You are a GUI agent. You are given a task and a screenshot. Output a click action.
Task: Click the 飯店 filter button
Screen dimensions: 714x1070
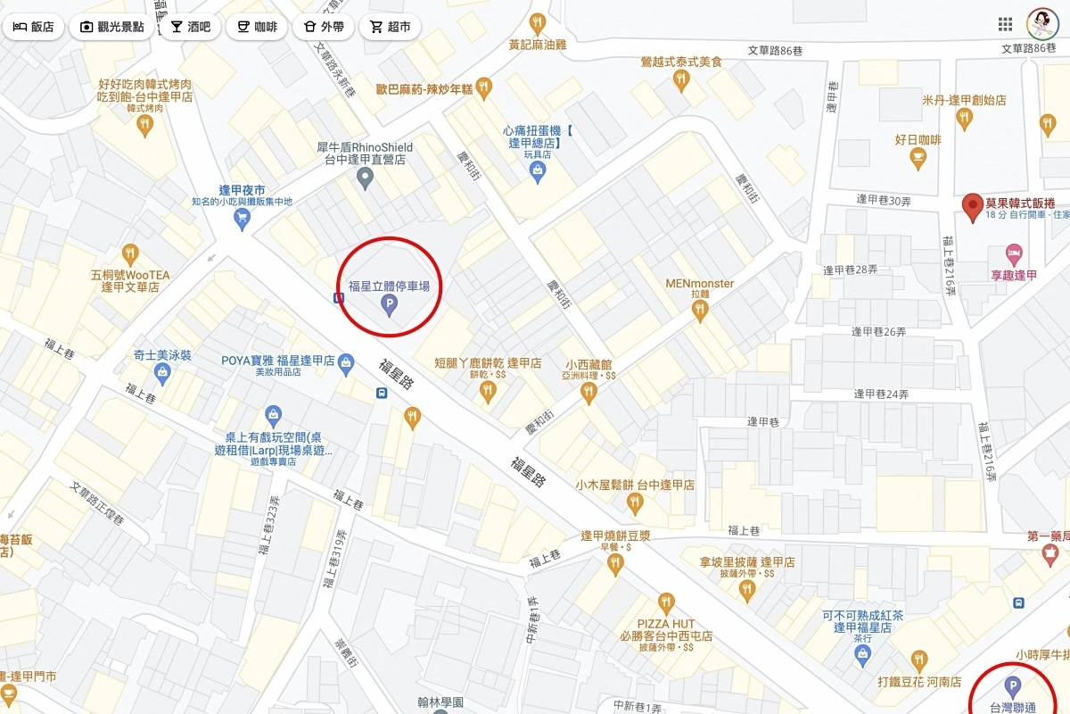click(33, 27)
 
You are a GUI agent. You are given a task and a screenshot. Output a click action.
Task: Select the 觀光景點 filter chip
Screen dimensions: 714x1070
click(111, 27)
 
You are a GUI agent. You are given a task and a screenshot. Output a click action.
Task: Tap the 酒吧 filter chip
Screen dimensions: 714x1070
click(191, 27)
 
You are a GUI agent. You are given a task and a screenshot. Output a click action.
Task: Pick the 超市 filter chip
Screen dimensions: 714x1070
click(390, 27)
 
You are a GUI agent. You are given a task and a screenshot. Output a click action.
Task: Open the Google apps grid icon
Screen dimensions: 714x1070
click(1005, 24)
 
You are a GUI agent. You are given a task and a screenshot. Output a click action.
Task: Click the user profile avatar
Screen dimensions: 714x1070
click(1041, 24)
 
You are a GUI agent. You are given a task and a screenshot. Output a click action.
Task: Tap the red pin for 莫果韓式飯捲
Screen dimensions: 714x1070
click(973, 206)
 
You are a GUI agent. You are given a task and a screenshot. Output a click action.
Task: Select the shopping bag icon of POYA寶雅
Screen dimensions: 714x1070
click(347, 365)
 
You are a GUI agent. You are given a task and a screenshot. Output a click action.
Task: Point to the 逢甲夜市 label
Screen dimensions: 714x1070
click(242, 190)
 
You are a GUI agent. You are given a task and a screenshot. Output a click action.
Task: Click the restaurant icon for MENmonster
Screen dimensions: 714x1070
click(700, 310)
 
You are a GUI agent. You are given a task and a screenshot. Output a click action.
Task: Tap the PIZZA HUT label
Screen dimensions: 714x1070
click(666, 623)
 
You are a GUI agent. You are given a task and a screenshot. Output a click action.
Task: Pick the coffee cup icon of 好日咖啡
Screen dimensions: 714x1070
click(918, 158)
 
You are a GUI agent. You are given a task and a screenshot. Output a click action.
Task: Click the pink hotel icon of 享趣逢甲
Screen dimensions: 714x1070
click(1013, 253)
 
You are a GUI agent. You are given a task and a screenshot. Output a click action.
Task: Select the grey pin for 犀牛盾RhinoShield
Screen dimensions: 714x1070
click(365, 178)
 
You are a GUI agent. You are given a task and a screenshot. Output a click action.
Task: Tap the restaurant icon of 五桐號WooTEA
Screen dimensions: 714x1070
click(130, 253)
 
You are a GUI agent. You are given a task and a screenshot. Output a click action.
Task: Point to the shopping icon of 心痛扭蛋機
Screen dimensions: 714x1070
click(537, 173)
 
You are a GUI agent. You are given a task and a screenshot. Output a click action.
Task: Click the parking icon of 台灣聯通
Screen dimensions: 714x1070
click(1011, 686)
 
